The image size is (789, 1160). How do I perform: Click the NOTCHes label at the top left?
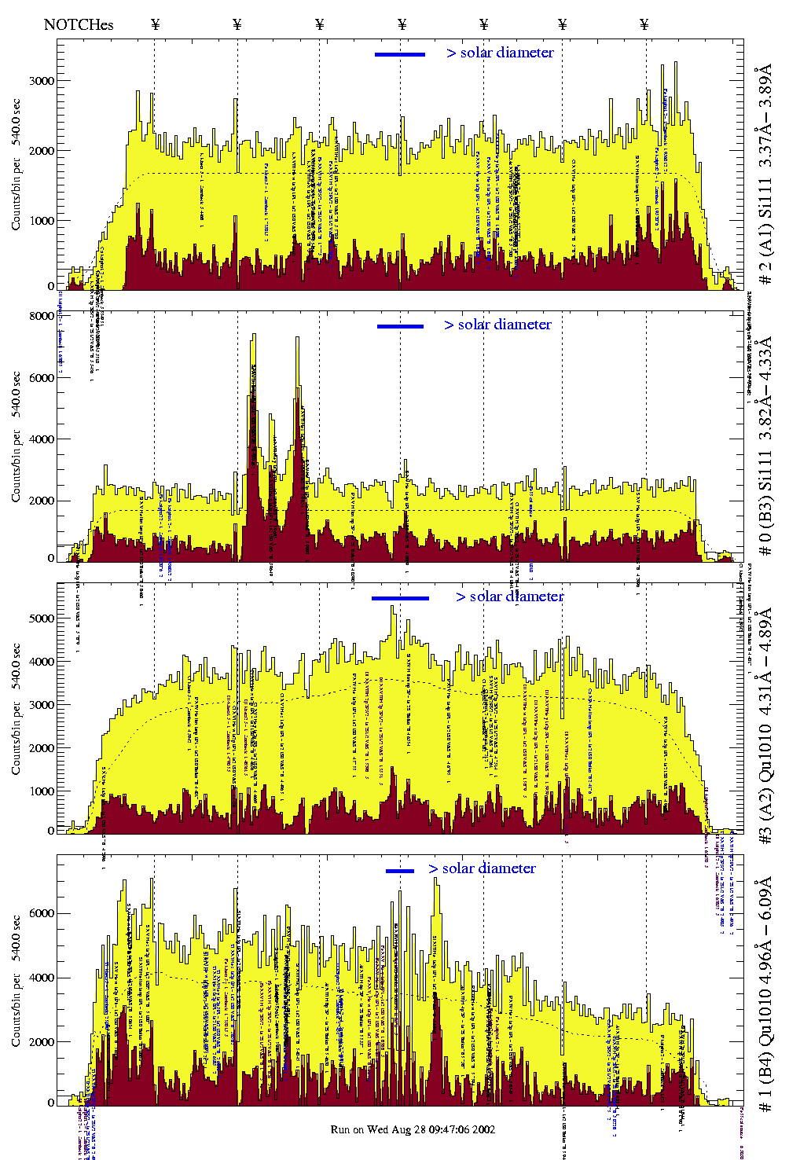(79, 24)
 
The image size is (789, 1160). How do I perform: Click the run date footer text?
(413, 1129)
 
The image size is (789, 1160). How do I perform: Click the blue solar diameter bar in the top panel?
(400, 54)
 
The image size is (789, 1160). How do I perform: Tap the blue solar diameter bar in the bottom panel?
(400, 871)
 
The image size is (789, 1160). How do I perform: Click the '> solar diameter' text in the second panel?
(497, 325)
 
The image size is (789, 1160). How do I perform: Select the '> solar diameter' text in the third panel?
(509, 597)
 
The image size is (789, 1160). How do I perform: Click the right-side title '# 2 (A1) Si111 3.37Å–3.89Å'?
(765, 177)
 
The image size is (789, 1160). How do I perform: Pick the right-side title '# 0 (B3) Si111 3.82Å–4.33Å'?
(765, 446)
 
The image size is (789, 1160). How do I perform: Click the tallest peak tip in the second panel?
(253, 334)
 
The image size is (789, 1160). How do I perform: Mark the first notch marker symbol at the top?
(155, 24)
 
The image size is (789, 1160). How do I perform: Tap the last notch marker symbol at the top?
(644, 24)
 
